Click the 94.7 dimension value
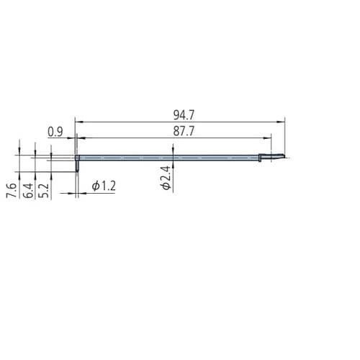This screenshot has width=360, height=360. click(184, 115)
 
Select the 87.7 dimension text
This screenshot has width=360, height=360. click(184, 131)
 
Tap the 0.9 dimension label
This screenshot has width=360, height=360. click(55, 132)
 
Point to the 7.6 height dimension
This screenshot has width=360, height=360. click(12, 190)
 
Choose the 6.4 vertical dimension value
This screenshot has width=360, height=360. click(28, 190)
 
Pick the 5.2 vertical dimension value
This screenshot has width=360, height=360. click(44, 190)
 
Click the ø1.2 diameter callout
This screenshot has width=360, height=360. click(104, 186)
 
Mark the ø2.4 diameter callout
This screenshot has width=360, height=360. click(166, 178)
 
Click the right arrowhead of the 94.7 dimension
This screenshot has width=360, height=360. click(282, 122)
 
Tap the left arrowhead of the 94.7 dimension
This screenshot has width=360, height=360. click(79, 122)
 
